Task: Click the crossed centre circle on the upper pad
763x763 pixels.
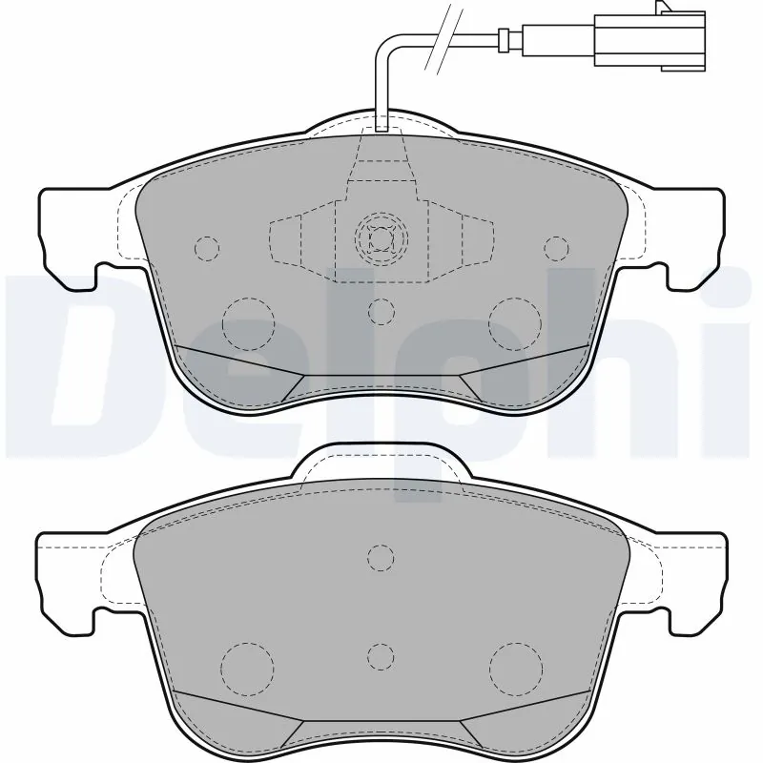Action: (x=381, y=237)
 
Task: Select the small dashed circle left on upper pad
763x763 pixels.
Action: (x=206, y=248)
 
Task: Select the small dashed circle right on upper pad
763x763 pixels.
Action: (x=556, y=248)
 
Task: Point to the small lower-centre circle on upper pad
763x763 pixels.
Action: (x=381, y=311)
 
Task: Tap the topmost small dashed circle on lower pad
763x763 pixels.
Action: (x=381, y=557)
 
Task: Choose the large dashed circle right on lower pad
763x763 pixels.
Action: (x=514, y=665)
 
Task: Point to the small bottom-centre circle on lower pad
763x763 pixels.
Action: (x=381, y=656)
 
